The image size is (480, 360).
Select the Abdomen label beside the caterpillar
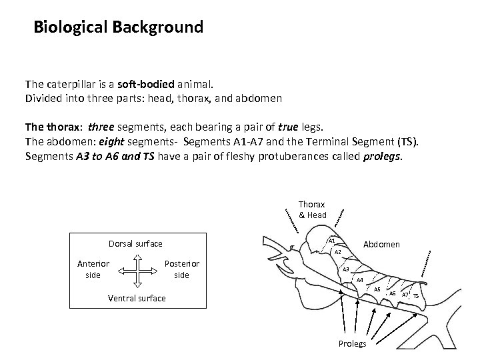click(381, 245)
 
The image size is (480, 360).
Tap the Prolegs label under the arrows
click(352, 343)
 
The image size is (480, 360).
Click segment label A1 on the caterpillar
click(331, 240)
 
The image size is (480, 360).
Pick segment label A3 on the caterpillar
click(346, 269)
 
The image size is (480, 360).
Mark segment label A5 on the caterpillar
click(377, 289)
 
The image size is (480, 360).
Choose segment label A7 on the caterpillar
click(405, 294)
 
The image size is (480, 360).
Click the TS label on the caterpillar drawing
click(416, 295)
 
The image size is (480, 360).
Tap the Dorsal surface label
click(135, 244)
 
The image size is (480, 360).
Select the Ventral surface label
click(137, 298)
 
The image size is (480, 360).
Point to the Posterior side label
click(181, 269)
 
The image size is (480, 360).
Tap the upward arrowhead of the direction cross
click(137, 257)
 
